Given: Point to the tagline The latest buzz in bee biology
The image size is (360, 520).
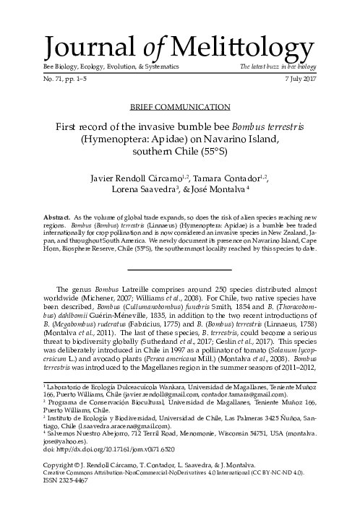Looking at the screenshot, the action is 278,67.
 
